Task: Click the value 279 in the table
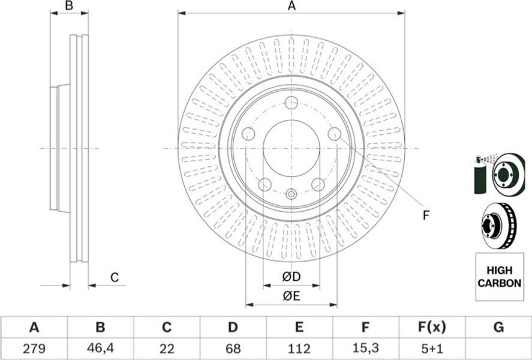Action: [x=34, y=348]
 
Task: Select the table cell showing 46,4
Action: [x=100, y=348]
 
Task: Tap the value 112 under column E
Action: [x=299, y=348]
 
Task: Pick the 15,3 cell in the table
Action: [x=365, y=348]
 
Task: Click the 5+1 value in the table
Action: [x=431, y=348]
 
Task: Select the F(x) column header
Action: [x=432, y=328]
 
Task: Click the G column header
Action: [x=498, y=328]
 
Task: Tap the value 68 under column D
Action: [x=233, y=348]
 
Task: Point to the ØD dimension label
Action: [x=291, y=277]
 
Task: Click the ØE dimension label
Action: [x=291, y=296]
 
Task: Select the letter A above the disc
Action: [x=291, y=6]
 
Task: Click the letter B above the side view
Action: [x=69, y=6]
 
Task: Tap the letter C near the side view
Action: [x=115, y=278]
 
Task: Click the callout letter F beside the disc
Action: [x=426, y=215]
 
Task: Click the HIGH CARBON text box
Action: [x=500, y=277]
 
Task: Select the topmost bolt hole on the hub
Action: [x=291, y=103]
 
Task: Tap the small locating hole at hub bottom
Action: [x=291, y=194]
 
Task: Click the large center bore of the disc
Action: [x=291, y=148]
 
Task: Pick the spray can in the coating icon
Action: [x=480, y=175]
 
